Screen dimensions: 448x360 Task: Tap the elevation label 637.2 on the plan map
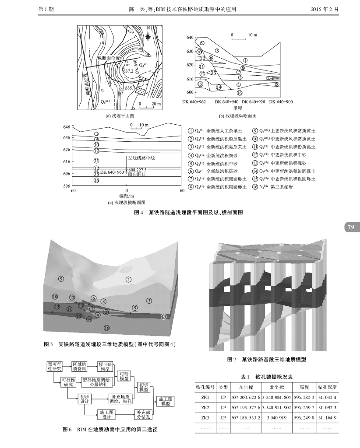[x=128, y=70]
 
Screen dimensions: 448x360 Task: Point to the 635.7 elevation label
[x=130, y=88]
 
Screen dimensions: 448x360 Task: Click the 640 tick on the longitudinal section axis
[x=190, y=38]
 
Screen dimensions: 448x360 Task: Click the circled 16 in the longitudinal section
[x=239, y=93]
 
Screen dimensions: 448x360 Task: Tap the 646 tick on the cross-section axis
[x=67, y=127]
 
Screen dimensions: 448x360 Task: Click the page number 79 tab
[x=351, y=227]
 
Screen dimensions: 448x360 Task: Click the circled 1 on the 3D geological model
[x=128, y=279]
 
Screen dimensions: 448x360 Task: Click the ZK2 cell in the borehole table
[x=205, y=407]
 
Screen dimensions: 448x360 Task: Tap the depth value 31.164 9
[x=328, y=417]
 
